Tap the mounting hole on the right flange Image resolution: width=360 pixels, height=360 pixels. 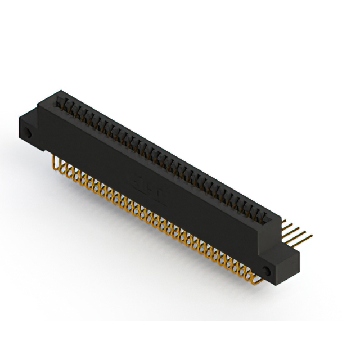tap(268, 272)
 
